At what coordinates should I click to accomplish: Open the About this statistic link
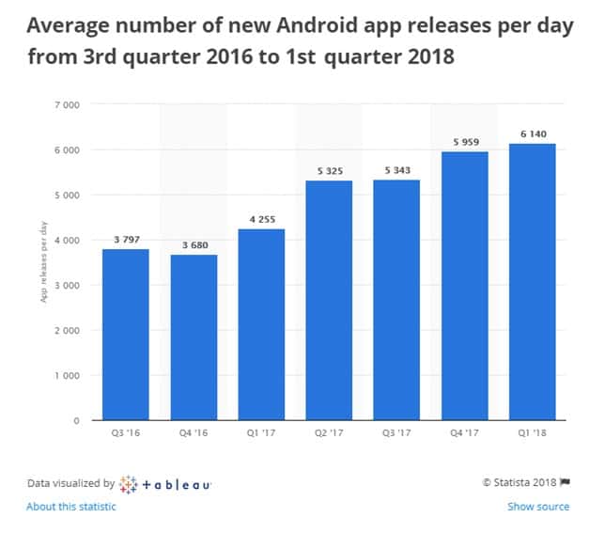[71, 507]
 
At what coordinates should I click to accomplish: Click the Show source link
[538, 507]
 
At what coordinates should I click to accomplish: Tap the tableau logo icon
[130, 483]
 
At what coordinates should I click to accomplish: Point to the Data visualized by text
[70, 483]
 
